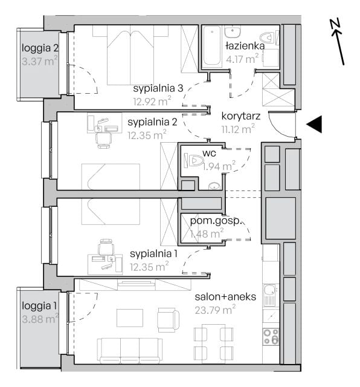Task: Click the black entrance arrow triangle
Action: tap(315, 124)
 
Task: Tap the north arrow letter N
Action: tap(336, 26)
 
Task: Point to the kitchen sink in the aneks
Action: tap(271, 295)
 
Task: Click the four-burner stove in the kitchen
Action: tap(271, 337)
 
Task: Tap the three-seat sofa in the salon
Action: tap(130, 351)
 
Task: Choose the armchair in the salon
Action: tap(169, 320)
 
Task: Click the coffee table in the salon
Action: tap(130, 318)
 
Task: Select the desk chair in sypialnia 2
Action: tap(104, 140)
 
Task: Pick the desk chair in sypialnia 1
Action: tap(106, 247)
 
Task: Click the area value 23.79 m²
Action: tap(215, 310)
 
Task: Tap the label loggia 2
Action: tap(40, 48)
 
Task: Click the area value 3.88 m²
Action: tap(40, 319)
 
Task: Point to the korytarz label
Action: tap(241, 116)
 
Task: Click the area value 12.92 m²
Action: tap(152, 101)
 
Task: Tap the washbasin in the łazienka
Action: tap(233, 31)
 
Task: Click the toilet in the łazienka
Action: tap(269, 37)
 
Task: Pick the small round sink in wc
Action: tap(214, 186)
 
